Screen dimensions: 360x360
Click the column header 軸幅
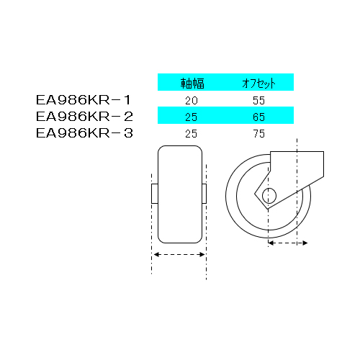point(192,84)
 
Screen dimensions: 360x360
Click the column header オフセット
point(258,84)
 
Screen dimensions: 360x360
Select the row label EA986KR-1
point(84,100)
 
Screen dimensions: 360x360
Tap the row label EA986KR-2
point(84,117)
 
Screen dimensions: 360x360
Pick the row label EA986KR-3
point(84,133)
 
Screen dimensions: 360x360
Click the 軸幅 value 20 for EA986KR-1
point(192,101)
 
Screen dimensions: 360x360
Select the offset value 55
point(258,101)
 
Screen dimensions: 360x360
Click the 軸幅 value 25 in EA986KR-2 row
point(192,117)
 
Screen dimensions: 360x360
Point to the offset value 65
point(258,117)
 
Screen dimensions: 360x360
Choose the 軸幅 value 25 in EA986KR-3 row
point(192,134)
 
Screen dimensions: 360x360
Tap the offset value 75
point(258,134)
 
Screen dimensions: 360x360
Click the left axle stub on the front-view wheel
point(155,194)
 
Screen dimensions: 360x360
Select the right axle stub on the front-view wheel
point(204,194)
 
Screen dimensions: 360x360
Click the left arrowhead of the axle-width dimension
point(156,254)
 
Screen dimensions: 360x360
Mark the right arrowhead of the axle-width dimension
point(202,254)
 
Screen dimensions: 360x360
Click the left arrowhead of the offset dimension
point(271,243)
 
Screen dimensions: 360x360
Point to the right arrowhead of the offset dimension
point(305,243)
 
